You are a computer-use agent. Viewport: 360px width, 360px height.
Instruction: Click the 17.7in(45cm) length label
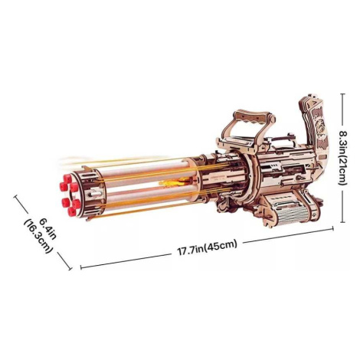click(208, 247)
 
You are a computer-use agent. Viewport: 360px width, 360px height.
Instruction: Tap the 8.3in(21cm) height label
click(342, 158)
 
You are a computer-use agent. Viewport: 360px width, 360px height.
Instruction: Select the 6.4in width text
click(47, 227)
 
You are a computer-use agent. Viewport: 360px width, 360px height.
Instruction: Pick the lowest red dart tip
click(71, 211)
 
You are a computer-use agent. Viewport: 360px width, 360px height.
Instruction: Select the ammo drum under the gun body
click(290, 208)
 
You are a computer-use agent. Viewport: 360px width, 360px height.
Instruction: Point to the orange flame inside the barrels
click(174, 182)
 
